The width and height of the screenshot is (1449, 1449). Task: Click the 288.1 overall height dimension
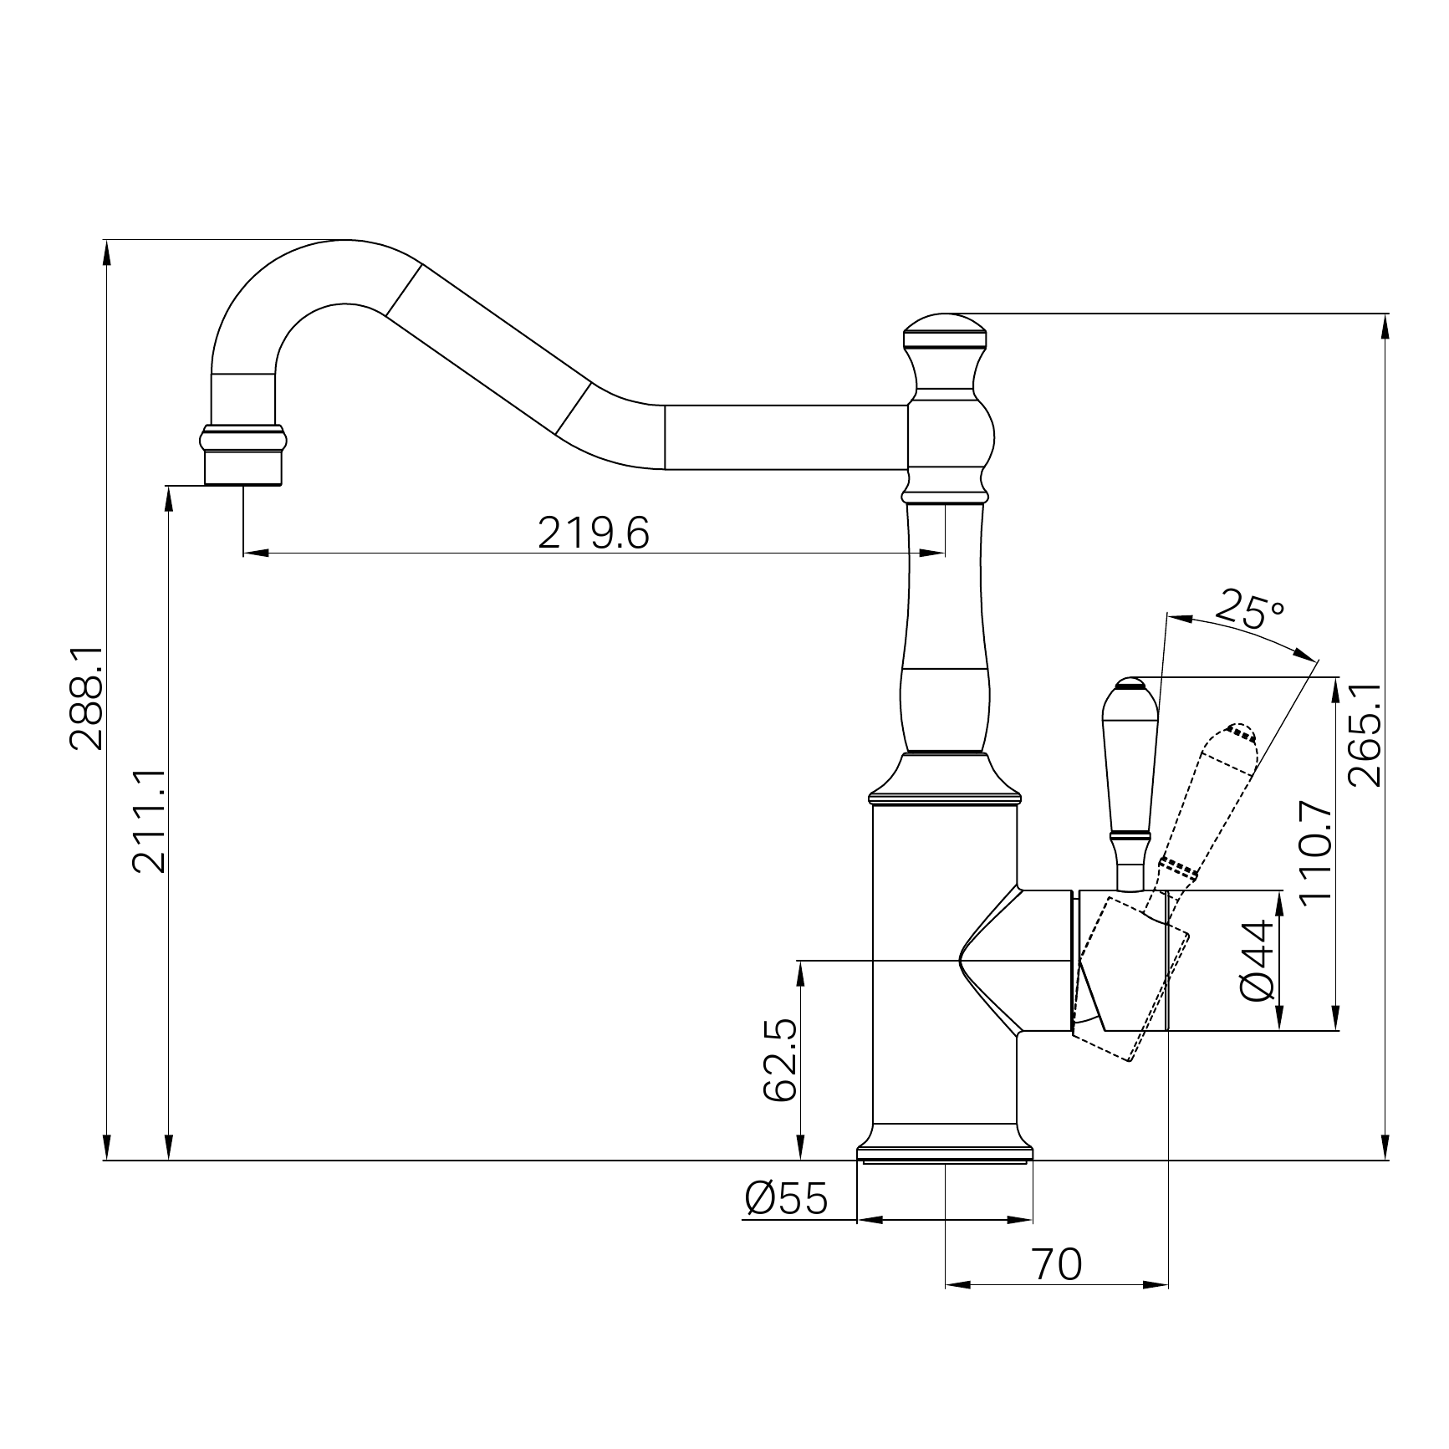point(86,699)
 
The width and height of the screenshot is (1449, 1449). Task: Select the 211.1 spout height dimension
point(151,822)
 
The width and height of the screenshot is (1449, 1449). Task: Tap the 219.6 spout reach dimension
point(593,533)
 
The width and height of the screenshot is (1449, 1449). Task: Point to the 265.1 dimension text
point(1365,734)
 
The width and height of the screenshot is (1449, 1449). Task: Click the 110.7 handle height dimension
point(1315,850)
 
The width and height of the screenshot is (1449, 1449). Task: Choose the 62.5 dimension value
point(781,1060)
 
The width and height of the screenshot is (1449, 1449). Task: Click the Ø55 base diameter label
point(786,1199)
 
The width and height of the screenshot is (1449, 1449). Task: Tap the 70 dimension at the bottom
point(1057,1264)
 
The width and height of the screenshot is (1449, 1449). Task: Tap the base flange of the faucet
point(945,1152)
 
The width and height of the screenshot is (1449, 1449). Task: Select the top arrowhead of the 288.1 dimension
point(106,252)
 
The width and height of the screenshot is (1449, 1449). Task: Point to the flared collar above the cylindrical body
point(945,778)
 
